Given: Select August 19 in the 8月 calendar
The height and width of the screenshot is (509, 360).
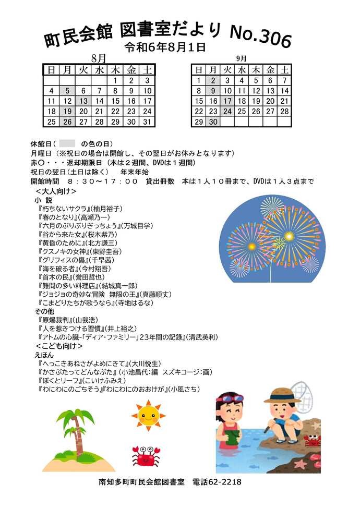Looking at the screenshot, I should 67,111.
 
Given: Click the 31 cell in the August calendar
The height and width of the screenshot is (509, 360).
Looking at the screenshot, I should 148,122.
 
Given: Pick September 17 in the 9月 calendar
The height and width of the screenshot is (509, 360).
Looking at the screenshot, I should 227,101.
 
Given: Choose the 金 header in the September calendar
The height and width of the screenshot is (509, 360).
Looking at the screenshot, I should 270,69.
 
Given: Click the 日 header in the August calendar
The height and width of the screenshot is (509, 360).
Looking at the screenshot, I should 51,69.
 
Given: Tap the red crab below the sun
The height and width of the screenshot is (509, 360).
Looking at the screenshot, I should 146,456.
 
